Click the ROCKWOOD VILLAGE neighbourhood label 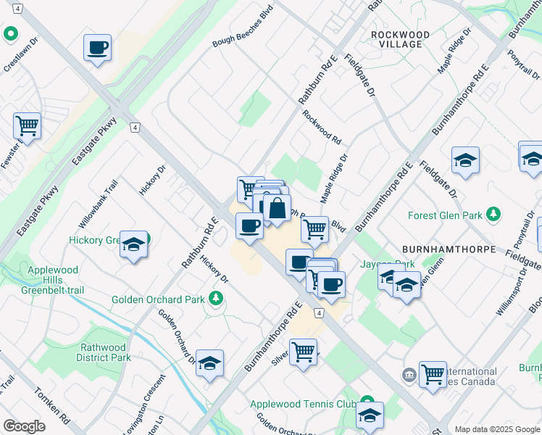(x=400, y=39)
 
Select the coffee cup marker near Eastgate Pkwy (x=97, y=49)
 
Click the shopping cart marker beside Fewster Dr (x=27, y=126)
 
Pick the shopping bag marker (x=277, y=209)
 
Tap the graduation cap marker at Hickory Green (x=134, y=244)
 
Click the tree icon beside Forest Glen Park (x=493, y=214)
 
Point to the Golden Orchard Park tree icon (x=214, y=299)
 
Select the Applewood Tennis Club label (x=303, y=404)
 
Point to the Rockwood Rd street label (x=322, y=126)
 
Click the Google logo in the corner (x=24, y=426)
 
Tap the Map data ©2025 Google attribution (x=496, y=428)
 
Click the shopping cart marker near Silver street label (x=303, y=352)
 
